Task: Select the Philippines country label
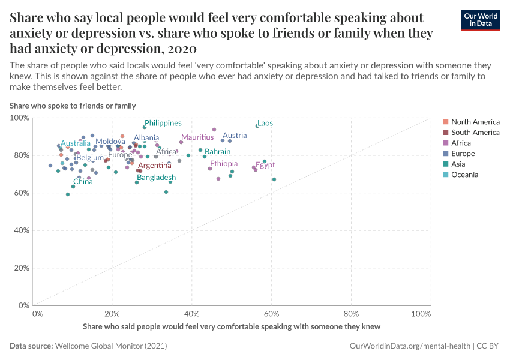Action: tap(163, 123)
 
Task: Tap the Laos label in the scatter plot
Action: tap(265, 123)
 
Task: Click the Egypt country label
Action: tap(265, 165)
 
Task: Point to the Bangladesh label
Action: tap(156, 178)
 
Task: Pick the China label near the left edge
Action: tap(83, 182)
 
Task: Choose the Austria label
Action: tap(235, 136)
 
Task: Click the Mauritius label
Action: tap(197, 137)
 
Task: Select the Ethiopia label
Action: tap(224, 164)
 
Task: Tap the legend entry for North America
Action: tap(475, 122)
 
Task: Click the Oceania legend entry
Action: tap(465, 175)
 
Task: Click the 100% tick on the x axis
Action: tap(421, 314)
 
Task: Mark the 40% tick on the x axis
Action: tap(191, 314)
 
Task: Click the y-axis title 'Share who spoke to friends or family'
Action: tap(73, 106)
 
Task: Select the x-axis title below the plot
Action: tap(232, 326)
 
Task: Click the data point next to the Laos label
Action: tap(257, 126)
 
